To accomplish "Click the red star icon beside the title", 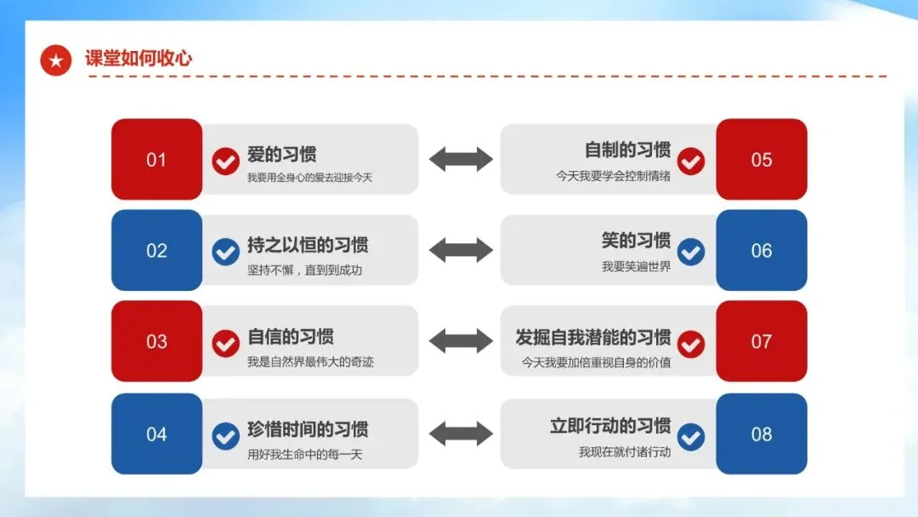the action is point(56,60).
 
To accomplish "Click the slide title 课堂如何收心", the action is point(139,59).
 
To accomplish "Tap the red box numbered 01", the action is point(156,160).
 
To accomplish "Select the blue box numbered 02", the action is point(156,251).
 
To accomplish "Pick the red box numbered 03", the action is point(156,342).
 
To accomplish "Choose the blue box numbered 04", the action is point(156,434).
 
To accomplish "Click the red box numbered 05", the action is point(762,160).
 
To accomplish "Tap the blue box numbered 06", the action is point(762,251).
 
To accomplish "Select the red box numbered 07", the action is point(762,342).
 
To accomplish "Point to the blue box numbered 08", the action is point(762,434).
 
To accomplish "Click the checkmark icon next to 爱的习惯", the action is point(225,161).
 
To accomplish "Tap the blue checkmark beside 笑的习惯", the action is point(691,251).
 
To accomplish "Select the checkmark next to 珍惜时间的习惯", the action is point(225,435).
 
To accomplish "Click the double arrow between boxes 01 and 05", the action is point(461,159).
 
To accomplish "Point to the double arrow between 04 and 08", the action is point(461,433).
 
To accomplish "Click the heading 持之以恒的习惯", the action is point(308,246).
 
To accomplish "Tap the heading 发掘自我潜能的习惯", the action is point(592,337).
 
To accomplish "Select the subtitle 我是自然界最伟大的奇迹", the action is point(310,362).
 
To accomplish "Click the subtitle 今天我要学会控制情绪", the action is point(613,177).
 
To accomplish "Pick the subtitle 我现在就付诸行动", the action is point(625,452).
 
